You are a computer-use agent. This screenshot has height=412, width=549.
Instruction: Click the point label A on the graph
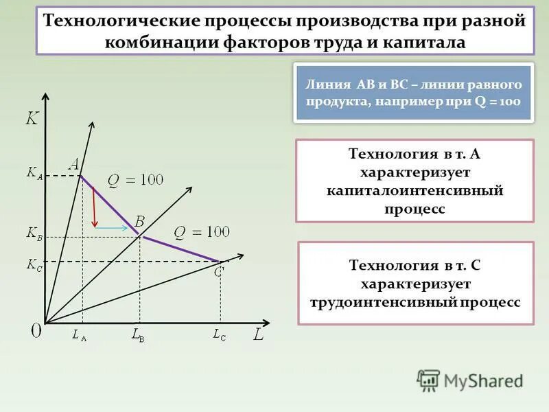coord(74,163)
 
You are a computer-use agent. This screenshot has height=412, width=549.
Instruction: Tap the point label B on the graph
coord(139,221)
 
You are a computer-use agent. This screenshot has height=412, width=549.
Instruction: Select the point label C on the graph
coord(219,272)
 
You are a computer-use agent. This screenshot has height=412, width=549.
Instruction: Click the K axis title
coord(32,119)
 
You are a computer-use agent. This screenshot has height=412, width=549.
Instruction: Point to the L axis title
coord(258,336)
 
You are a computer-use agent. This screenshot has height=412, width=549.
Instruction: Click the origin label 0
coord(36,330)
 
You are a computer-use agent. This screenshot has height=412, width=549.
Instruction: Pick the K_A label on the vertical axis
coord(34,174)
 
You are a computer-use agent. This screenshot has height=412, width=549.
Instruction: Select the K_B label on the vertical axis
coord(34,234)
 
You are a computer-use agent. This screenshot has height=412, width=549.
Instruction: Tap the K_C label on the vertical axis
coord(34,264)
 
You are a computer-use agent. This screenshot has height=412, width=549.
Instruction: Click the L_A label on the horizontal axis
coord(79,336)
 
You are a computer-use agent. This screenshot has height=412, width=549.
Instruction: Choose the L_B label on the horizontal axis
coord(138,336)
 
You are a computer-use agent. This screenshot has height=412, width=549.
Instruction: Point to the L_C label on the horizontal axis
coord(219,335)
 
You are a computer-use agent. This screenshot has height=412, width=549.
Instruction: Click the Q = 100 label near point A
coord(135,180)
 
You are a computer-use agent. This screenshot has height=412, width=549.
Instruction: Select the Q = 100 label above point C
coord(201,231)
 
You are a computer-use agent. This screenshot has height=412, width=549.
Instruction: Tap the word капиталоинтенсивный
coord(414,190)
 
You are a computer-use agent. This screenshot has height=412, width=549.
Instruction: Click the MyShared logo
coord(470,380)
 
